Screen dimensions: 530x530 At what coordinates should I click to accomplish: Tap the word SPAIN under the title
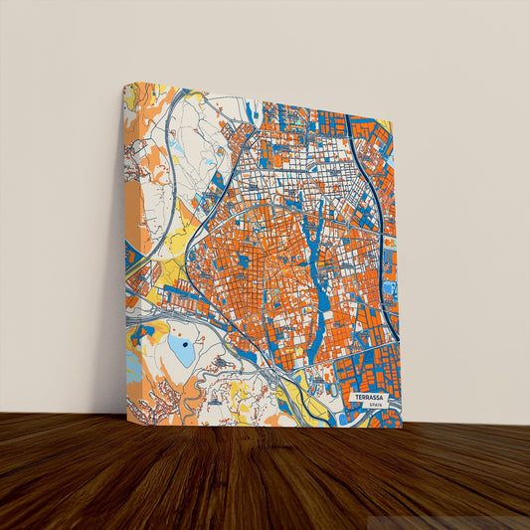coord(375,406)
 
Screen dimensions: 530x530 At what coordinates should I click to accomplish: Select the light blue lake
coord(182,349)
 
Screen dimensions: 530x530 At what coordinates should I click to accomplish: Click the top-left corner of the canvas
coord(124,84)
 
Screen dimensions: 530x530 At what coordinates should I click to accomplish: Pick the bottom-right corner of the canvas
coord(403,429)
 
